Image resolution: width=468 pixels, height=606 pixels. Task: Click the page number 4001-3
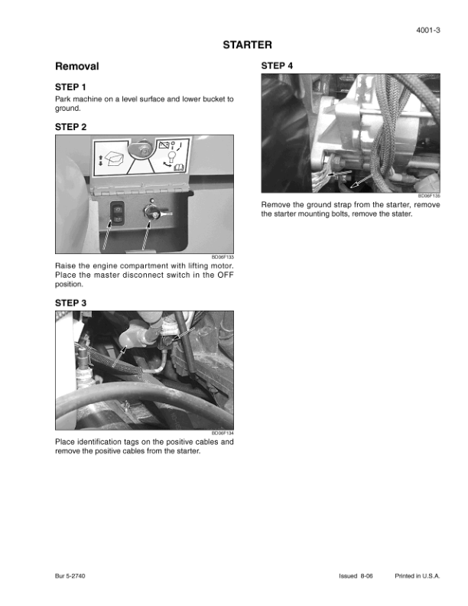427,30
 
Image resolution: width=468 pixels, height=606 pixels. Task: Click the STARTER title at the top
247,45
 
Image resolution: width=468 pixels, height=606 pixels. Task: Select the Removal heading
76,66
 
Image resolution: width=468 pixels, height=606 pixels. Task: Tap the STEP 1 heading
70,87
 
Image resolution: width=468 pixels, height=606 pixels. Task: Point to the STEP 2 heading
70,127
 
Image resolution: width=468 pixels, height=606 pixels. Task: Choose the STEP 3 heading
70,303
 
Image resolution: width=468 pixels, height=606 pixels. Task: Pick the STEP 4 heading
277,66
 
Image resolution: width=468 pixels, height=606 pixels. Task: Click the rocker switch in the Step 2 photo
118,213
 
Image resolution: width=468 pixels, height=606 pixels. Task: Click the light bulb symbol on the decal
171,157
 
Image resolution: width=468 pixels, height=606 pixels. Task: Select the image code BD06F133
223,257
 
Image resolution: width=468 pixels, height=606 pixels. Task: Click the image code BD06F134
223,433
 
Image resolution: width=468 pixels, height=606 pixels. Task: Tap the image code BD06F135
429,196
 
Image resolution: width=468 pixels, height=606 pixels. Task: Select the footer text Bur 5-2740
70,576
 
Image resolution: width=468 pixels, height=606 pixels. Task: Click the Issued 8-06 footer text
356,576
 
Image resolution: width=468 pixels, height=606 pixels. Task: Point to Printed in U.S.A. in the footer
418,576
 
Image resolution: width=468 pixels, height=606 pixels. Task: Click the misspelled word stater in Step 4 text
402,213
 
